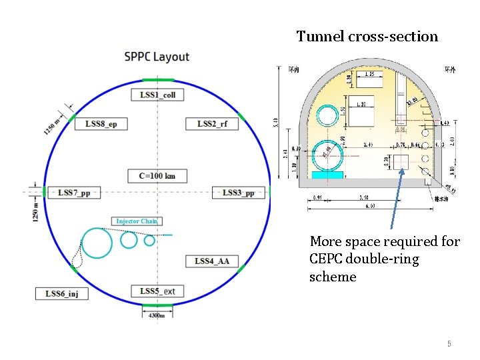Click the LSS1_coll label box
click(157, 95)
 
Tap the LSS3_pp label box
click(238, 193)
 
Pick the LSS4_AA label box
click(212, 261)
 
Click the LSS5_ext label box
click(157, 291)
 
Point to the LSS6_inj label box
click(61, 293)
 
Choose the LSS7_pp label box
click(73, 193)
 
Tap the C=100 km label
click(157, 176)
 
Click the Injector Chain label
click(137, 221)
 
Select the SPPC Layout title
click(157, 57)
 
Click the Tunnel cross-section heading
click(367, 36)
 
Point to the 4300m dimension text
click(156, 315)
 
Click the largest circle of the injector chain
click(97, 243)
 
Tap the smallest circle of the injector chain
click(149, 240)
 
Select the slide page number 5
click(449, 344)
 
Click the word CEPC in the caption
click(327, 259)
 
